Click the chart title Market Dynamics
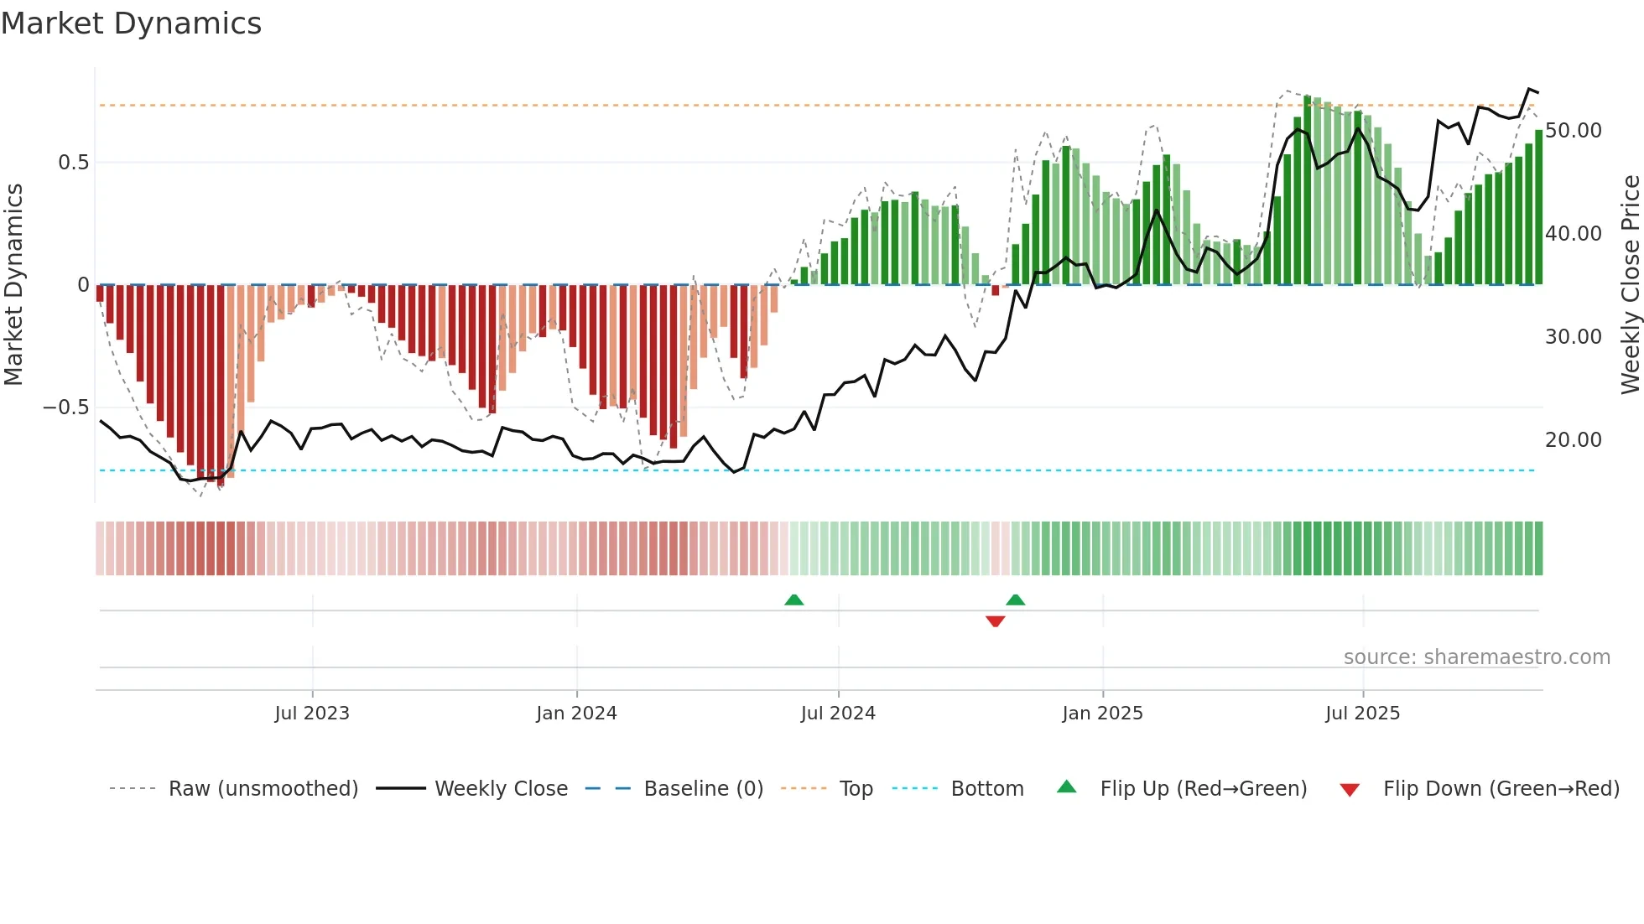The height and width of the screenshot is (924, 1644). (x=131, y=23)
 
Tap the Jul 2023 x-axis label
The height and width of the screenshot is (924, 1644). (x=311, y=714)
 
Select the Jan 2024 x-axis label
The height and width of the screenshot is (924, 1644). (x=576, y=714)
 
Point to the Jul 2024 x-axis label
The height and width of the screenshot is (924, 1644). (x=838, y=714)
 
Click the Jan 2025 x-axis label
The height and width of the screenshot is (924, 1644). (x=1102, y=714)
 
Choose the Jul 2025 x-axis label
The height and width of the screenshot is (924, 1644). (x=1362, y=714)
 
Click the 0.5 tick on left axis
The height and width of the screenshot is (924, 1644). (x=73, y=163)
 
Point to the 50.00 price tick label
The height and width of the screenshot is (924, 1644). (x=1573, y=131)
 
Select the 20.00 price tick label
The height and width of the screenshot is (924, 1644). (x=1573, y=440)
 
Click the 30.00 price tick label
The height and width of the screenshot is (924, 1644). (x=1573, y=337)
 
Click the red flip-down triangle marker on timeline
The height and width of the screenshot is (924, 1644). (x=995, y=621)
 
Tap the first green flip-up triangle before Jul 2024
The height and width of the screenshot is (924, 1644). (x=793, y=600)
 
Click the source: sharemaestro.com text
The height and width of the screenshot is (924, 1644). (x=1476, y=657)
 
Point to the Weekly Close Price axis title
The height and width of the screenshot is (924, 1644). (x=1630, y=285)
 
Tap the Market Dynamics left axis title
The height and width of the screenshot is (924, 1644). (x=13, y=285)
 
